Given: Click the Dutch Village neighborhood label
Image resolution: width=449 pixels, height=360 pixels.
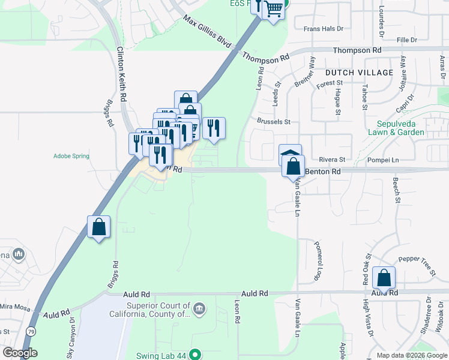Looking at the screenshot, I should (359, 73).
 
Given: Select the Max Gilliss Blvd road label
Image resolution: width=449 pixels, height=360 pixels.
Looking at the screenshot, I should (207, 32).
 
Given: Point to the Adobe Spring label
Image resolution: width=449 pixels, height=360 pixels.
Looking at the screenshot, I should (71, 156).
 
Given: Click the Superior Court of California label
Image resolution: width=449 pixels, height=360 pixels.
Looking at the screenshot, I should (149, 310).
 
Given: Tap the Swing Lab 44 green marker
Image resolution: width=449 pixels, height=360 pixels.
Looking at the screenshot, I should (194, 355).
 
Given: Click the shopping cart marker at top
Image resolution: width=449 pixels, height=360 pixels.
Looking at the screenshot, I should (274, 9).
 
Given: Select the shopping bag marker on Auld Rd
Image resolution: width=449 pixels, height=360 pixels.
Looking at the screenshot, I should (384, 278).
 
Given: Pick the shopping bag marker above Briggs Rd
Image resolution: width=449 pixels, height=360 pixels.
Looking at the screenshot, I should (99, 227).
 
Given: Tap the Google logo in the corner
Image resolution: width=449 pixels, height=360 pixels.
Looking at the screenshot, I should (20, 352).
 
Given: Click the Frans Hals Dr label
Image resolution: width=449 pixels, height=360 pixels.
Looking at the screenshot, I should (323, 28).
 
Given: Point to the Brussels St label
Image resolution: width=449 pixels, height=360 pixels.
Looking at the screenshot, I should (273, 122).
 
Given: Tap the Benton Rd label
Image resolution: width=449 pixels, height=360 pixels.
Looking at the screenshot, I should (323, 171).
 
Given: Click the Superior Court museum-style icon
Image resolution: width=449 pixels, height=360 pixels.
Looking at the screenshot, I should (199, 310).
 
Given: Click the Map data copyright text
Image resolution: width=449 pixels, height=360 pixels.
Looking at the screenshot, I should (412, 355).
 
